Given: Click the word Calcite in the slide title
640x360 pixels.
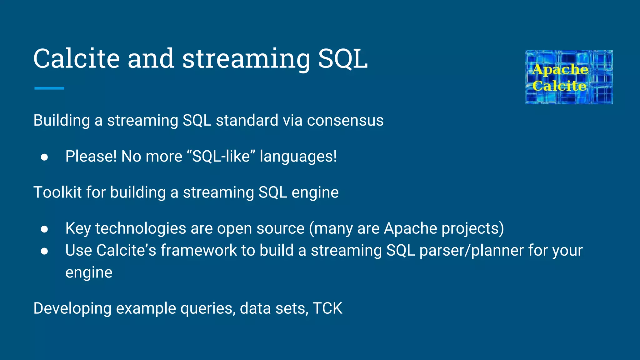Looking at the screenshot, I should [x=77, y=59].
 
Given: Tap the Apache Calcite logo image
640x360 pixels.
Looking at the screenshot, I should [x=569, y=77].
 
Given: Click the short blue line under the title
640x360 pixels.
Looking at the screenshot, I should [x=49, y=88].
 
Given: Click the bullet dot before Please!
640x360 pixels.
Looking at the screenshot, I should [x=44, y=157].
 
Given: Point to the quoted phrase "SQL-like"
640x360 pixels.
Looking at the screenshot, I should [x=221, y=156].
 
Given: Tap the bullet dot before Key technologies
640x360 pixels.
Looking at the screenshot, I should [x=44, y=229].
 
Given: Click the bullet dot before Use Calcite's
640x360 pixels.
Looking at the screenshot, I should [x=44, y=251].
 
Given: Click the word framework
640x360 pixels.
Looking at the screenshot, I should [x=199, y=251].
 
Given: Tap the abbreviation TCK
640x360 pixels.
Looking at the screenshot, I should [x=327, y=308].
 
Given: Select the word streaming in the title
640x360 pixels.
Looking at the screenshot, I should [x=246, y=59].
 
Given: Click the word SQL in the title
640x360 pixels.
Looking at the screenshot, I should [x=343, y=59].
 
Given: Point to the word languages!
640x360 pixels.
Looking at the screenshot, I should [x=298, y=157].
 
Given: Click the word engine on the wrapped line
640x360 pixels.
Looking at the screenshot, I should [x=89, y=273].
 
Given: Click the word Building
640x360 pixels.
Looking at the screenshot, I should [x=62, y=121].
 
